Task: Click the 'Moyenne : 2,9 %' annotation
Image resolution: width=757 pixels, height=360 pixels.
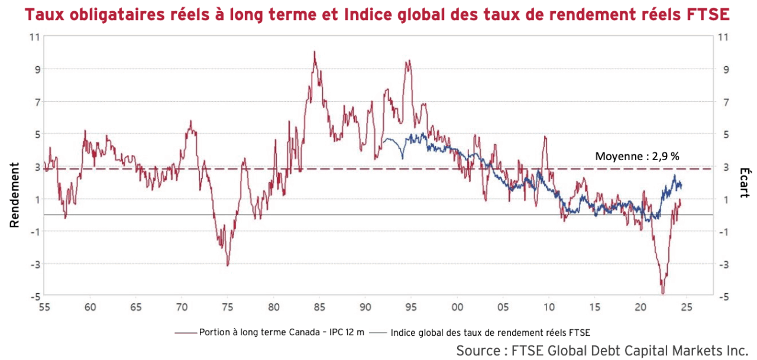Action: point(637,157)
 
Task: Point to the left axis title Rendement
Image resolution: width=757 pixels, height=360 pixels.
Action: point(14,195)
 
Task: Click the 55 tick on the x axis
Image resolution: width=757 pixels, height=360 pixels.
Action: point(44,307)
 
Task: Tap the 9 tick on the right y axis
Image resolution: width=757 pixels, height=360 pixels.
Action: point(723,69)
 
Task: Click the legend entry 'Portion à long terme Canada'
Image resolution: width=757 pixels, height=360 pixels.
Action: point(273,332)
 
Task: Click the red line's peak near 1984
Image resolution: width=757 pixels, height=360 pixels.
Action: point(315,52)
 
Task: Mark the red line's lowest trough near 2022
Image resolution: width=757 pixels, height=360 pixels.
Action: point(663,293)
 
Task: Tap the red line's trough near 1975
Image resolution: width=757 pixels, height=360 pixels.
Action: point(228,265)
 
